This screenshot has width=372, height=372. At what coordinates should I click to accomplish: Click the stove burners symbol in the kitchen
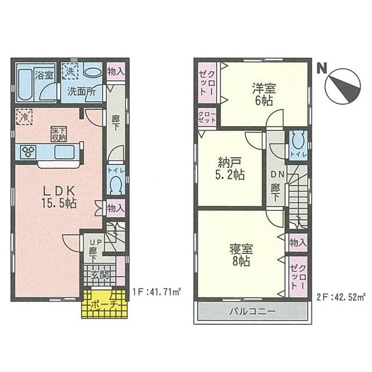29,152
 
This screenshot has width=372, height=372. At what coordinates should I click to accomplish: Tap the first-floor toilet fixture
115,185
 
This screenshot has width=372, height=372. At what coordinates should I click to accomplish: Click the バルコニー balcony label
251,312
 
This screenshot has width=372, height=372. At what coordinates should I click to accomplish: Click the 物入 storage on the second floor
298,241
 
